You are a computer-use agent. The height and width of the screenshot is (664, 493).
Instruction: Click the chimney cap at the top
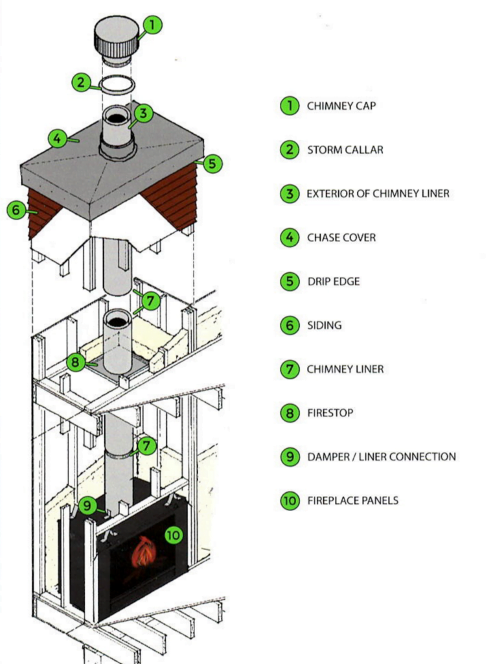coord(117,38)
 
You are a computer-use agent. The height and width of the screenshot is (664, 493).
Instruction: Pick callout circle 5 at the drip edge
coord(212,164)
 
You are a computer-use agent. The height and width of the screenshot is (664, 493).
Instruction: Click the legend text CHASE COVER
coord(341,238)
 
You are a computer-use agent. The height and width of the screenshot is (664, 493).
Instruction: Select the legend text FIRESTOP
coord(330,413)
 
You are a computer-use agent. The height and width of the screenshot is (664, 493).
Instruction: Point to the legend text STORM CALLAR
coord(345,150)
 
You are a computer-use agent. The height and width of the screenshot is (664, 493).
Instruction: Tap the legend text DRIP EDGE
coord(333,281)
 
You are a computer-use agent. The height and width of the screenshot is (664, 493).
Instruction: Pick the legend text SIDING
coord(323,326)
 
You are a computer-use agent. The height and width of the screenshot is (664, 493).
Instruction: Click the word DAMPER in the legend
coord(327,456)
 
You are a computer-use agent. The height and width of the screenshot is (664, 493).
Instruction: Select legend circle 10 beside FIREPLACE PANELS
coord(289,501)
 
